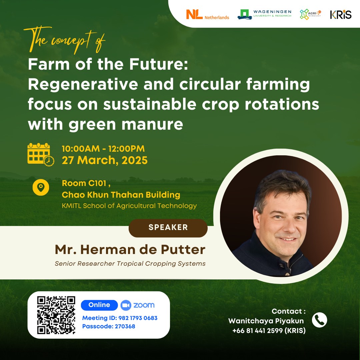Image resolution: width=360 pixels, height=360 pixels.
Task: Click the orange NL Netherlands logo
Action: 208,14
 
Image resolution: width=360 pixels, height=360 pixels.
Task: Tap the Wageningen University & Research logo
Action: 264,14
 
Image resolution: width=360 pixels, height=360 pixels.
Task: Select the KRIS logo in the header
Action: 341,14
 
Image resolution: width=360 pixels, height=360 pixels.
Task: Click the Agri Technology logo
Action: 310,14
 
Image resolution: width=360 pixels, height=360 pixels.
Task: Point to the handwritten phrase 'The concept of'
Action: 64,40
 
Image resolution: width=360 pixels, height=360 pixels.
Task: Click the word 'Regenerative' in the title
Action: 83,85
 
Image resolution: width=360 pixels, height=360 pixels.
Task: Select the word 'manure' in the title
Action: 152,125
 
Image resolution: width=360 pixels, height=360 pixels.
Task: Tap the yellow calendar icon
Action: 41,154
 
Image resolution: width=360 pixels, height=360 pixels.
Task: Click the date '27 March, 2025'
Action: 105,160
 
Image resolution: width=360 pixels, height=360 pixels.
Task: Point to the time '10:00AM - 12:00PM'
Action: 103,149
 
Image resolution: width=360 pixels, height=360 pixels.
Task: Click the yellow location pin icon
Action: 41,187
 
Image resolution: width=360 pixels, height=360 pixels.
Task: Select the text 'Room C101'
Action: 84,183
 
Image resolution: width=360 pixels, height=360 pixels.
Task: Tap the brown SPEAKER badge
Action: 168,228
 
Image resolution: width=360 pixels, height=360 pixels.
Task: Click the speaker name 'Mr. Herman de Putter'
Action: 130,250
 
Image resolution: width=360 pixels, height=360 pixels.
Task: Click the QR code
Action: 56,315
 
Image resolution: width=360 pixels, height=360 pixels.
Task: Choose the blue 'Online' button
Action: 99,305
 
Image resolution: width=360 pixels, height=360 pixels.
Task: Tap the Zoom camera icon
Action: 126,305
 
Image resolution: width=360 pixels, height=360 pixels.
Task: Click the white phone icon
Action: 319,320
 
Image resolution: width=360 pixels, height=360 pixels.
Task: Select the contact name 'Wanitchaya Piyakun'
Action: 266,321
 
